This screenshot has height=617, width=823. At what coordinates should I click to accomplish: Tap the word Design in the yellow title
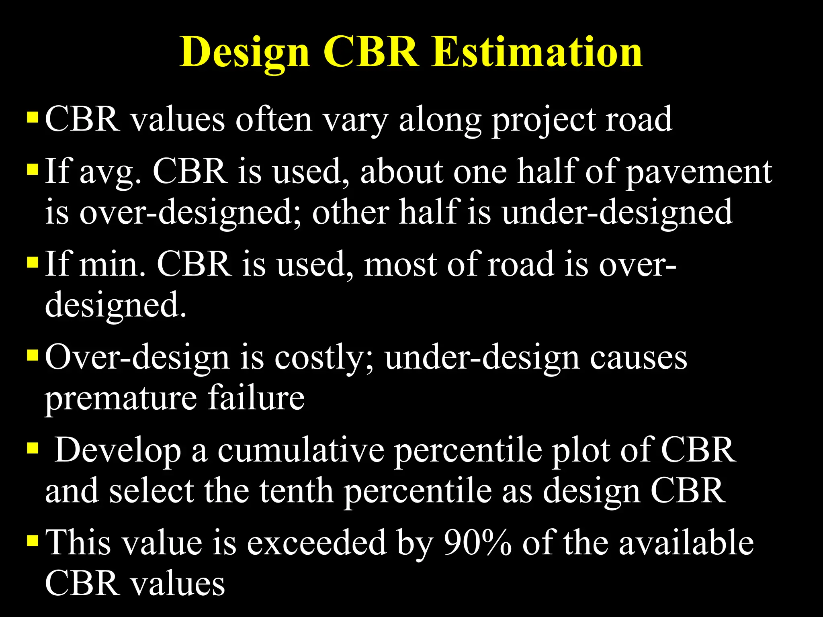245,52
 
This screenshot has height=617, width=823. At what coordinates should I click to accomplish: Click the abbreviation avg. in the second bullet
111,172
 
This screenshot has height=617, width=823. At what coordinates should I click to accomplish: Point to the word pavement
699,172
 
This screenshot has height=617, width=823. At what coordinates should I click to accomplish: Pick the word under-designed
617,212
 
